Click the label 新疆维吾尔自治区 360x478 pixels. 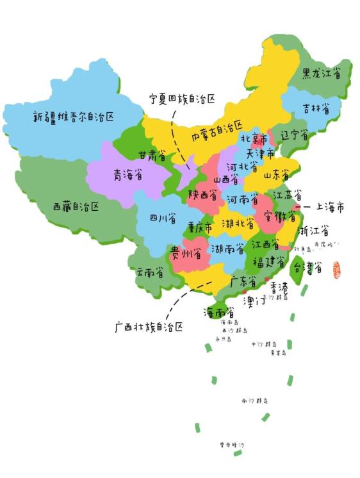point(74,117)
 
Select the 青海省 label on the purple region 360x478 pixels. point(128,174)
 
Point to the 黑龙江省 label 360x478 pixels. point(326,74)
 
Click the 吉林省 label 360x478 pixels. point(317,110)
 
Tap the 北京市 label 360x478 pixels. point(254,139)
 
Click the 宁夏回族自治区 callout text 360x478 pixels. point(182,99)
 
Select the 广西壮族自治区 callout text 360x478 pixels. point(149,327)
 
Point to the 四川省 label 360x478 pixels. point(163,219)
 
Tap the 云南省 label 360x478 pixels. point(149,272)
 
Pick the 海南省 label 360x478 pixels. point(218,313)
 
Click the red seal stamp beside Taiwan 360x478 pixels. point(336,270)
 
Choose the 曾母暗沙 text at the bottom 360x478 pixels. point(231,444)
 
